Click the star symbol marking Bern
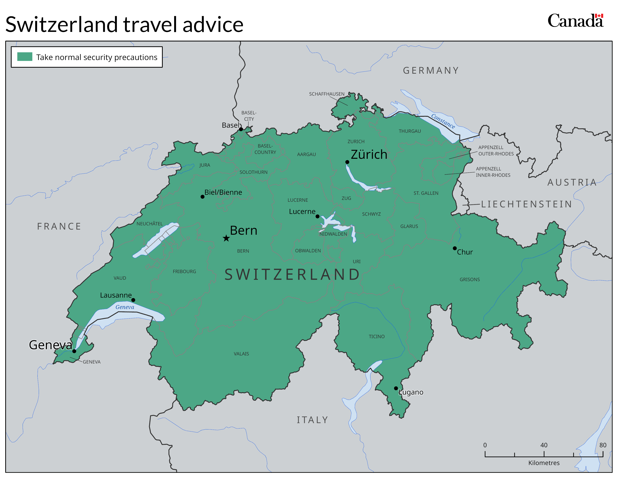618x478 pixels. coord(226,238)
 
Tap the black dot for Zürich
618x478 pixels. coord(347,162)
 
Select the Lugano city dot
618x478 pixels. coord(396,388)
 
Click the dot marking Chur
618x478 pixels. coord(455,248)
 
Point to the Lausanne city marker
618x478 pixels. coord(133,300)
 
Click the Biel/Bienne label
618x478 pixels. coord(223,192)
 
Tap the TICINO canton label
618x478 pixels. coord(376,336)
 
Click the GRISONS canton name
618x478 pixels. coord(469,279)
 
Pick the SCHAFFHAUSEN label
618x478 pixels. coord(327,94)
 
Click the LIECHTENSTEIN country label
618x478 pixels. coord(526,204)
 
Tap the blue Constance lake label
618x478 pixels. coord(443,121)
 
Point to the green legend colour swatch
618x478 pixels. coord(25,57)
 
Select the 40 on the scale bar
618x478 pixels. coord(544,445)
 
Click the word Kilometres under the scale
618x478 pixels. coord(544,463)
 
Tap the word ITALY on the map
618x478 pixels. coord(312,420)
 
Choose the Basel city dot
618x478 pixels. coord(241,129)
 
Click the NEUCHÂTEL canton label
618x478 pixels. coord(149,224)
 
